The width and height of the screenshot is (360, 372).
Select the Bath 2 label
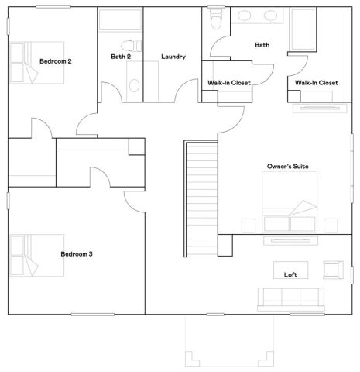tap(120, 56)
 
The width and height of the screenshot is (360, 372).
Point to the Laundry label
tap(173, 56)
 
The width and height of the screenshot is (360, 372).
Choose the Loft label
tap(291, 274)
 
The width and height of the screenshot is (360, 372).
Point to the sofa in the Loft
tap(290, 298)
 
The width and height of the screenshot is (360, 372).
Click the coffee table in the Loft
tap(291, 270)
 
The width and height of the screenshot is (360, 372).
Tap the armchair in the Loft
tap(332, 270)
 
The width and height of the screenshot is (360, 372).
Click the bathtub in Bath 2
tap(120, 21)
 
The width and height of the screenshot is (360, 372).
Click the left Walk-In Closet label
tap(229, 82)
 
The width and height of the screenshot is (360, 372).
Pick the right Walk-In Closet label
tap(316, 82)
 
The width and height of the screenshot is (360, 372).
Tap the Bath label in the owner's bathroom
tap(262, 45)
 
